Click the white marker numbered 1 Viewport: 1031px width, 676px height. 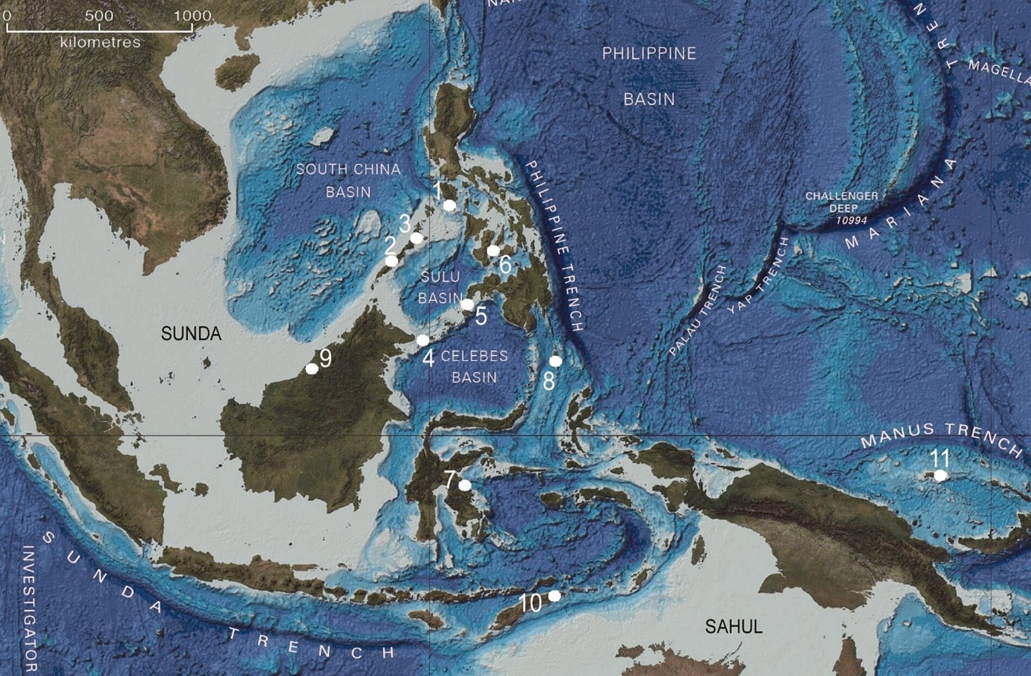tap(450, 205)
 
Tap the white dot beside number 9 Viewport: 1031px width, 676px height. tap(312, 369)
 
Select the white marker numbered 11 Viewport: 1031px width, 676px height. tap(941, 476)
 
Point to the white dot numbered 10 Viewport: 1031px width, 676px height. tap(554, 596)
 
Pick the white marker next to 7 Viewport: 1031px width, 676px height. tap(465, 485)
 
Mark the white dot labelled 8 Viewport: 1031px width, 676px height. tap(555, 361)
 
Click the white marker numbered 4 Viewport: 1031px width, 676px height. tap(423, 340)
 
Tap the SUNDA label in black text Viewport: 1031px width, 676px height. tap(191, 333)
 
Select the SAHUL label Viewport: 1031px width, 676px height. tap(733, 626)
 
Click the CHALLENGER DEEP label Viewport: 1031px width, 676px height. tap(842, 202)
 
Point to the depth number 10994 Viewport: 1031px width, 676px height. tap(852, 220)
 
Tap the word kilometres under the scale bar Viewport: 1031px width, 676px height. tap(100, 42)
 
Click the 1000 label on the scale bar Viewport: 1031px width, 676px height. tap(192, 15)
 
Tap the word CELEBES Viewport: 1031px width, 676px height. tap(474, 356)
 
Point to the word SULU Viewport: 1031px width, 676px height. tap(440, 277)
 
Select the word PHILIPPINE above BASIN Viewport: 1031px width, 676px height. tap(649, 53)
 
